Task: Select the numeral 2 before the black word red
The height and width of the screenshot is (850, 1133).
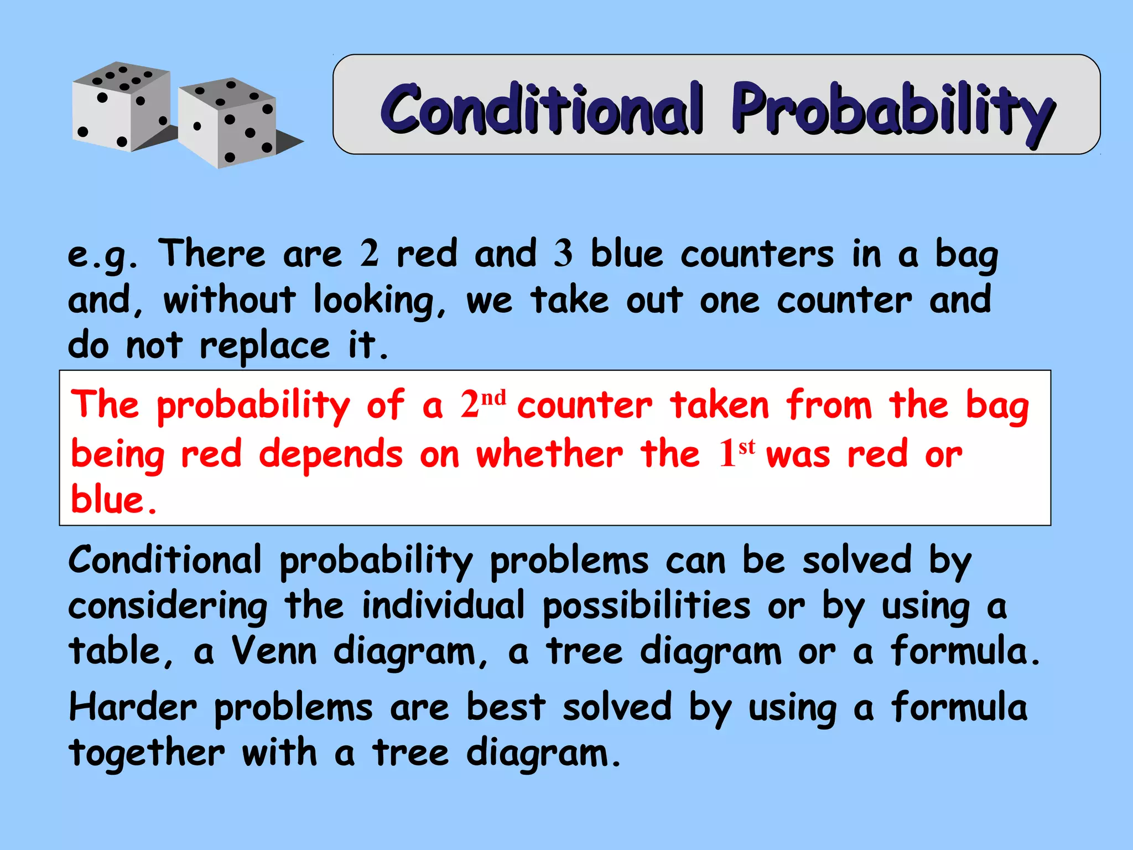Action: [369, 253]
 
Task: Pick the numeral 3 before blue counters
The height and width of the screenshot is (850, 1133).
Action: [563, 253]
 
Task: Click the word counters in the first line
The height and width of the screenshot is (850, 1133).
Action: [756, 255]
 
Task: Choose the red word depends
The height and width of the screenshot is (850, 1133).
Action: [330, 454]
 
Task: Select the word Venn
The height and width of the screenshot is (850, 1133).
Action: [273, 651]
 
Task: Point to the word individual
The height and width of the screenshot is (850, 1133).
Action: [443, 605]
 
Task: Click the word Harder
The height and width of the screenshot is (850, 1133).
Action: [133, 708]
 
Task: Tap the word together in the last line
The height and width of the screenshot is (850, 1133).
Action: [147, 754]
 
